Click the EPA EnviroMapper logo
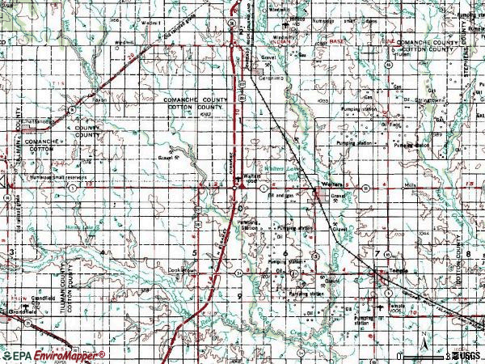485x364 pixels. click(x=53, y=355)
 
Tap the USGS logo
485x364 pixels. click(x=467, y=355)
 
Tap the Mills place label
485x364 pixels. click(x=411, y=184)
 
